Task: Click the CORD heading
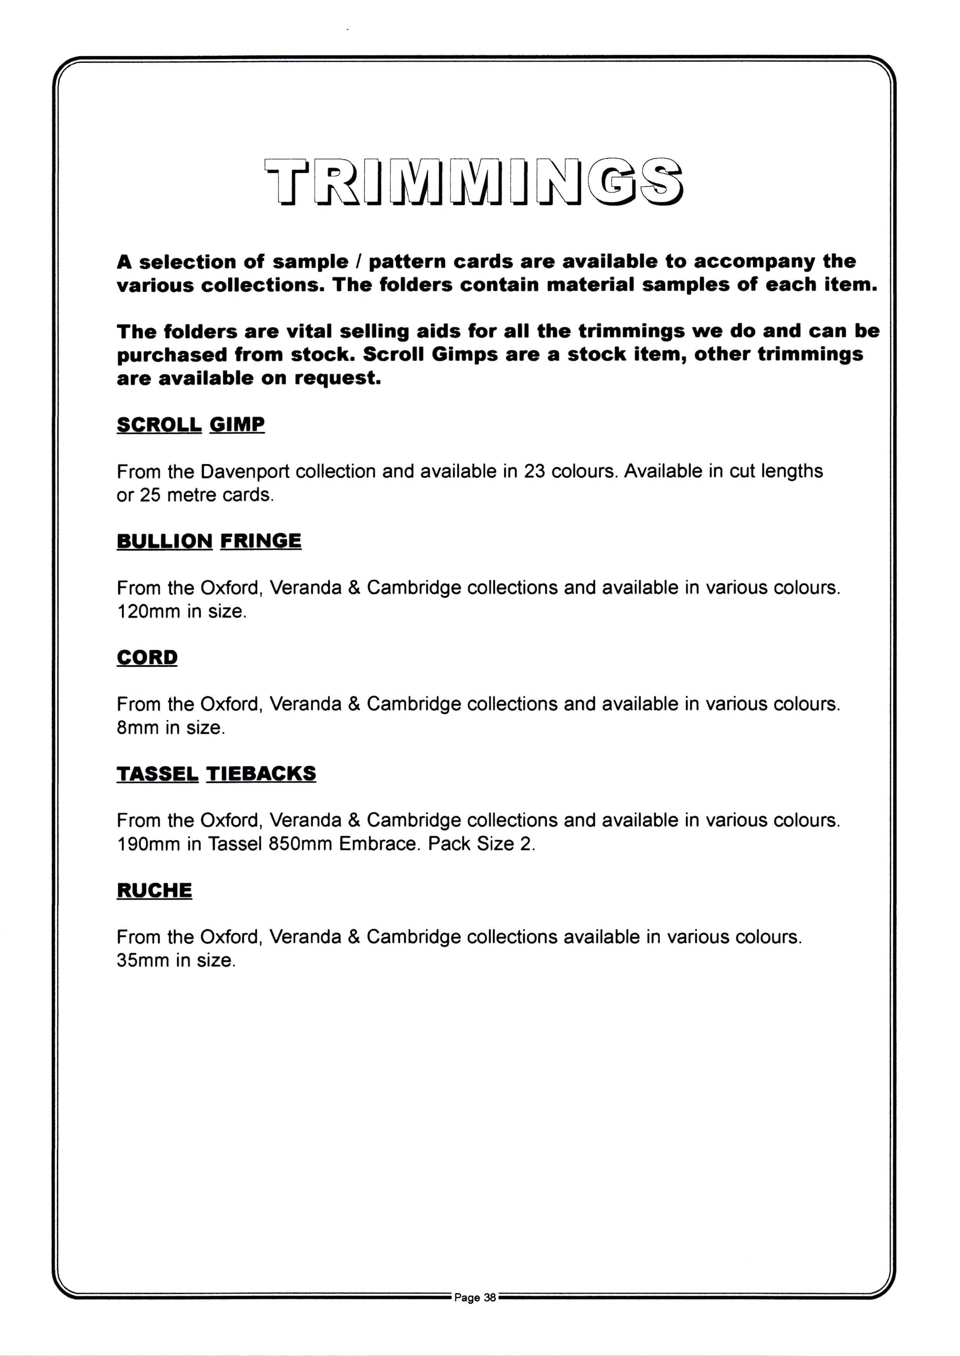147,657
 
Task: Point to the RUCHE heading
154,890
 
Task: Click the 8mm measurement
138,728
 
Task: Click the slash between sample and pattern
358,261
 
